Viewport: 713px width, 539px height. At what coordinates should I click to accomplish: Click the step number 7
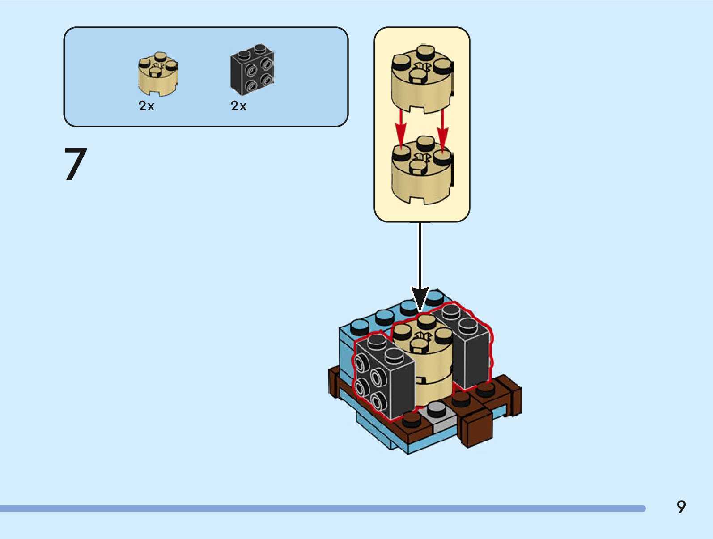point(76,164)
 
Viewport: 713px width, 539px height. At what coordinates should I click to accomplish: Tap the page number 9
point(681,506)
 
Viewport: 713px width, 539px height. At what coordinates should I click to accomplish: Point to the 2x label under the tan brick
point(146,106)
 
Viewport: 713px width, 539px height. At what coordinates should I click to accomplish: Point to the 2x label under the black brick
point(238,106)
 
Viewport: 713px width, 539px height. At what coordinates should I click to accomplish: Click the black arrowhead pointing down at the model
point(420,299)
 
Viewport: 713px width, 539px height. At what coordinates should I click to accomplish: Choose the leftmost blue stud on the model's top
point(360,326)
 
